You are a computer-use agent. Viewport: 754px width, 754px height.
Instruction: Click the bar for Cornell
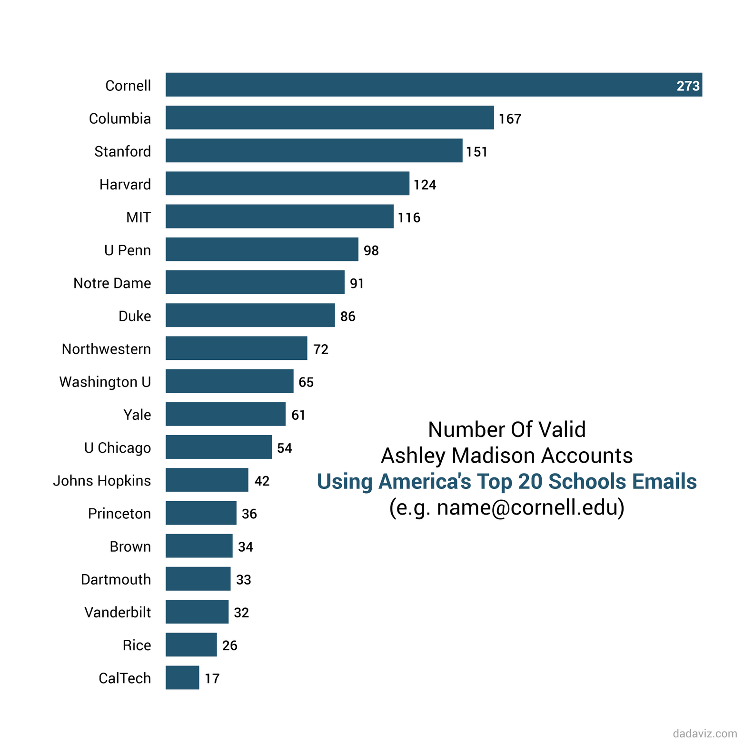tap(419, 85)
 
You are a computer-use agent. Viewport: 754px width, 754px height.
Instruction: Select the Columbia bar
tap(329, 118)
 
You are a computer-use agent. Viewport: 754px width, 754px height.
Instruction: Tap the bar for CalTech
tap(182, 677)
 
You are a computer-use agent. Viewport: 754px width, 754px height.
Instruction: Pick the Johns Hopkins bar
tap(207, 480)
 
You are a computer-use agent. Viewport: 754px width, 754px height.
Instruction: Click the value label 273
tap(688, 86)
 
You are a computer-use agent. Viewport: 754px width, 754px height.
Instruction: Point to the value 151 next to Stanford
tap(476, 152)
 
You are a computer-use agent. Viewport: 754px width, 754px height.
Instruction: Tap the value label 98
tap(371, 250)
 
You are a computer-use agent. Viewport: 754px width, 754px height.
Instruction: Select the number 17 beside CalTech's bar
tap(212, 678)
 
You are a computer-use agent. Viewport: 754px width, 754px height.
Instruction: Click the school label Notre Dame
tap(112, 283)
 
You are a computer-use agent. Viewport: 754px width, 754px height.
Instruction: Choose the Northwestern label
tap(106, 349)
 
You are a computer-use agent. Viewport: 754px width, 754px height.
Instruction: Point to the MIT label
tap(139, 218)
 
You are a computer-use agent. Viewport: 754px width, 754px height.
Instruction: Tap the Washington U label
tap(105, 382)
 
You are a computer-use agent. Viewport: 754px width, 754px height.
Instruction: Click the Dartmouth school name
tap(116, 579)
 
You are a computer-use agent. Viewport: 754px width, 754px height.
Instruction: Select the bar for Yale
tap(225, 414)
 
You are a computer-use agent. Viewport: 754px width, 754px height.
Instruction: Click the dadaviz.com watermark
tap(704, 734)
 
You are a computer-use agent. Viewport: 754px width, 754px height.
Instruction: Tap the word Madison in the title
tap(493, 456)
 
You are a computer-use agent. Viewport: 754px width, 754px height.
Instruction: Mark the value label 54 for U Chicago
tap(284, 448)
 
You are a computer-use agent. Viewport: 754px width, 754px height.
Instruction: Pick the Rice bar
tap(191, 645)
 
